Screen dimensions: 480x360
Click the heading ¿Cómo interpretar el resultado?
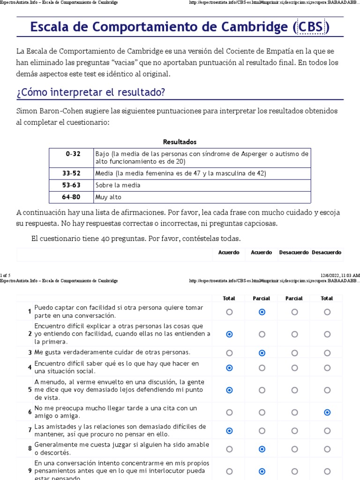[90, 92]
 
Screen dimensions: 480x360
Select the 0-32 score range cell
[73, 154]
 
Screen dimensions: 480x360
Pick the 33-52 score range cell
[71, 173]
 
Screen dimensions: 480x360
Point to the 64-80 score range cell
[71, 197]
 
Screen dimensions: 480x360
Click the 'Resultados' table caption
[180, 142]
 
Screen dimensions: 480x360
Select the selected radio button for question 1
[262, 312]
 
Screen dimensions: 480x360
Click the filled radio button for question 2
[229, 334]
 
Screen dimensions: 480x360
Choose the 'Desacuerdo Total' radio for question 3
[327, 353]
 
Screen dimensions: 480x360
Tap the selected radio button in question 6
[327, 412]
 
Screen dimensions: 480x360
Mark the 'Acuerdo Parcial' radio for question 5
[262, 390]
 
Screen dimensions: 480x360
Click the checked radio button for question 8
[262, 449]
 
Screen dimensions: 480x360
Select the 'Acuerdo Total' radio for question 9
[229, 472]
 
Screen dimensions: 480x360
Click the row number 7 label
[30, 430]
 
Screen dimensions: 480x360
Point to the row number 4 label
[30, 367]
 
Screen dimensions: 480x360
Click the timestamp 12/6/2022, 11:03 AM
[340, 275]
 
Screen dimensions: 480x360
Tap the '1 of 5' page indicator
[5, 275]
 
